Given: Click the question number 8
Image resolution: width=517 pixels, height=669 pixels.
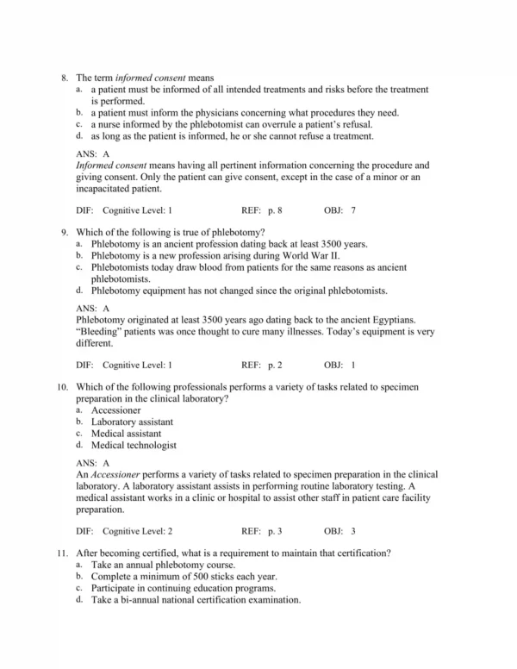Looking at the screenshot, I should pyautogui.click(x=65, y=78).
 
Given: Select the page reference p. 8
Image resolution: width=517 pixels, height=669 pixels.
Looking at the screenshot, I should pyautogui.click(x=275, y=210).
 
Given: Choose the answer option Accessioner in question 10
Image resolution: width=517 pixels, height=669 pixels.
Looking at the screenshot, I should pyautogui.click(x=115, y=410).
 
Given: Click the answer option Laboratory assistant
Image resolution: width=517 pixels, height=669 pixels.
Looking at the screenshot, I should pyautogui.click(x=132, y=422).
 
